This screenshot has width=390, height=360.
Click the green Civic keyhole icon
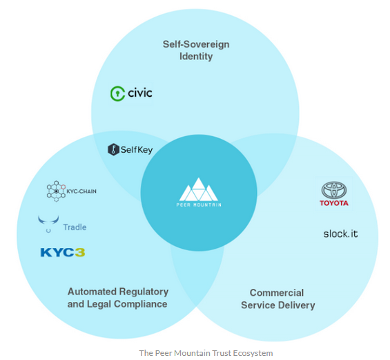pos(117,93)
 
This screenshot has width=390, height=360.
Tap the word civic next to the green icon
pos(140,93)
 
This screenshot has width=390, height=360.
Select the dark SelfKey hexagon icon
pos(113,150)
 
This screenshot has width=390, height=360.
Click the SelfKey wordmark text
pos(137,150)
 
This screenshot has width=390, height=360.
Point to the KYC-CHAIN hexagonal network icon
pos(56,191)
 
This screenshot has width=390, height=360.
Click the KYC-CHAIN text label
pos(81,191)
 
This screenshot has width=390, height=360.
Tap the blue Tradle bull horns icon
pos(48,223)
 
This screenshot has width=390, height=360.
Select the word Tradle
pos(75,227)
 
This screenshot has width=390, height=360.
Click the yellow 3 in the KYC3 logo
pos(80,252)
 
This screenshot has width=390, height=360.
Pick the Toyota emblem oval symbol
pos(334,190)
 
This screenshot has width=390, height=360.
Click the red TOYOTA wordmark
pos(334,203)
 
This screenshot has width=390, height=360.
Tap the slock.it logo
pos(340,234)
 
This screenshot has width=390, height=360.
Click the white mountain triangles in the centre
pos(199,189)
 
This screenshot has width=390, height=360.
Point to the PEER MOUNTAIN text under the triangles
pos(199,205)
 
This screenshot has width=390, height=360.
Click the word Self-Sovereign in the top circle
pos(196,44)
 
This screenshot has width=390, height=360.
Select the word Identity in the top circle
pos(196,56)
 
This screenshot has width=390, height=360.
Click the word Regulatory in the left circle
pos(144,292)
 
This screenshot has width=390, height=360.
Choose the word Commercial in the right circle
pos(277,293)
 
